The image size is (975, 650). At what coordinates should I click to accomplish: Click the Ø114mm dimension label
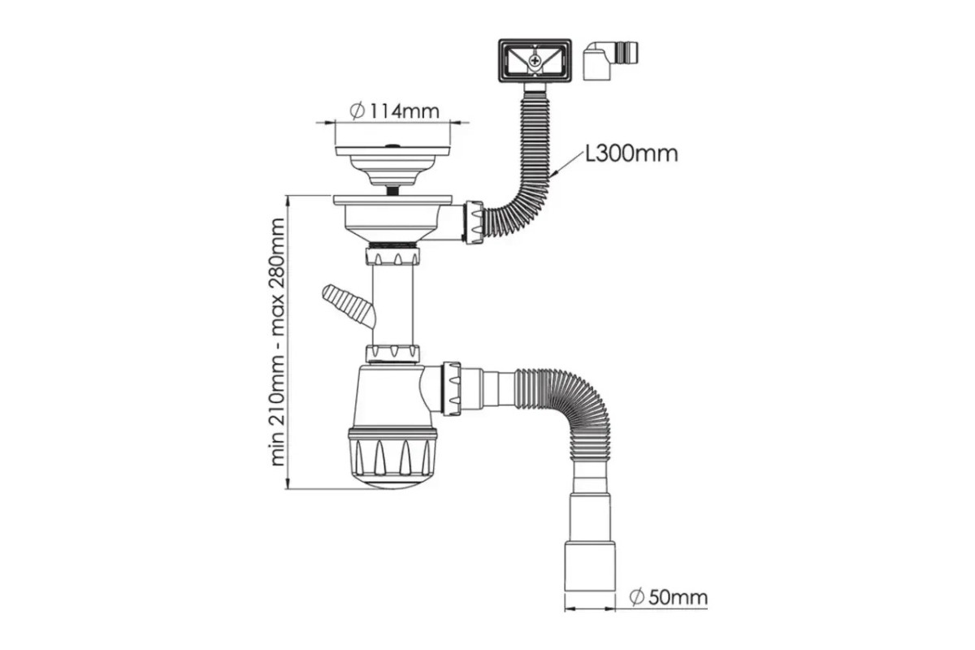pyautogui.click(x=395, y=111)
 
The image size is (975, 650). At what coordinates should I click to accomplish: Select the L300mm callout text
pyautogui.click(x=631, y=154)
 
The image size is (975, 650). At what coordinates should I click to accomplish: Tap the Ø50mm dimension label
pyautogui.click(x=669, y=597)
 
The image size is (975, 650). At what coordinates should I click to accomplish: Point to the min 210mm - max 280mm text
pyautogui.click(x=277, y=342)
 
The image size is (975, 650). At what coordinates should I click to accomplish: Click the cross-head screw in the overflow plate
pyautogui.click(x=535, y=60)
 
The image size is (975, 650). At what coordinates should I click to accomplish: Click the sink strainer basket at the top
pyautogui.click(x=392, y=166)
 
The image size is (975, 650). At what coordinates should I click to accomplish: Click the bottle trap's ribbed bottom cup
pyautogui.click(x=392, y=459)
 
